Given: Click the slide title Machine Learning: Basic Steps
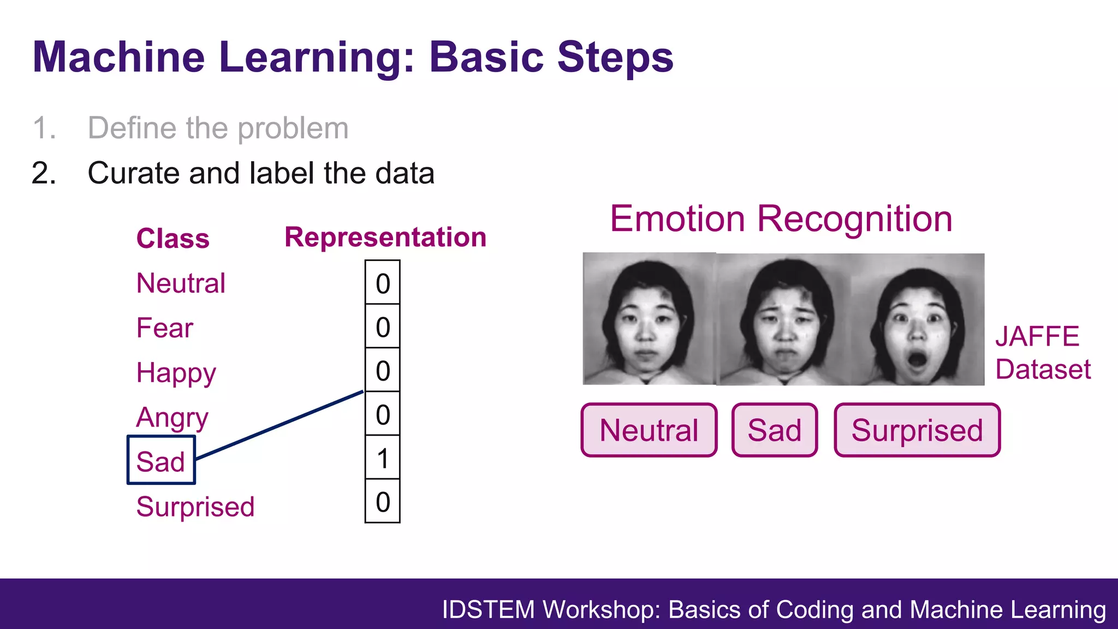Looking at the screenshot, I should (x=353, y=57).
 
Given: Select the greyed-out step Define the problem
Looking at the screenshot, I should (x=218, y=128).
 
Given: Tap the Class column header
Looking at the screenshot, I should (x=173, y=239).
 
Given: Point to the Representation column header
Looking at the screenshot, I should (x=385, y=238).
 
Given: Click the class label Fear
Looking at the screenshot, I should (x=164, y=328).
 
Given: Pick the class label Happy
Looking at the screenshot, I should (x=176, y=373).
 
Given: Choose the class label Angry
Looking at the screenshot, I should (x=172, y=418).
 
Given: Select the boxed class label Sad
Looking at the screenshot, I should (x=160, y=461).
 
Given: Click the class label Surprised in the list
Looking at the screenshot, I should (x=195, y=507).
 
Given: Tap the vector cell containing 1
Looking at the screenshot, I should (x=383, y=458).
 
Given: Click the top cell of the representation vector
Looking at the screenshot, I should (x=383, y=283).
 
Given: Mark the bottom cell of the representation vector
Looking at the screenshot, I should (x=383, y=502).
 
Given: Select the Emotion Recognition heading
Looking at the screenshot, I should (x=781, y=218).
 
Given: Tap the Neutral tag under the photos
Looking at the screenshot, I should (x=649, y=430).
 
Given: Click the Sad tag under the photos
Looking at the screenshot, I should (x=774, y=430).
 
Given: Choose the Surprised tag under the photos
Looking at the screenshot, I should (x=917, y=430).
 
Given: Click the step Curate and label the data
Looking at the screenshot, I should (x=261, y=173).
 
